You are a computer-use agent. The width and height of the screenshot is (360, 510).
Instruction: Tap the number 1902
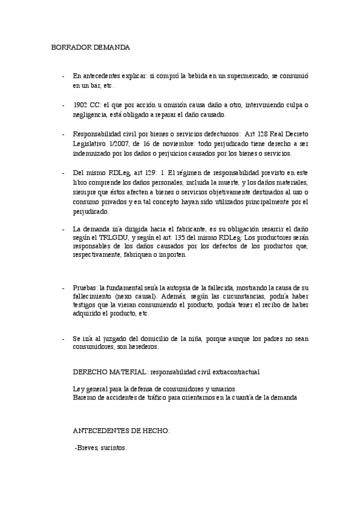click(82, 105)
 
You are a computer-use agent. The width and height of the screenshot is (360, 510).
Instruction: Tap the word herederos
click(142, 347)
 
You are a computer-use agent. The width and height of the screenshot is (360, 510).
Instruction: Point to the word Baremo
click(84, 398)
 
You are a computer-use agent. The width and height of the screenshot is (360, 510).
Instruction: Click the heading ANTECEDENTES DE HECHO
click(121, 431)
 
